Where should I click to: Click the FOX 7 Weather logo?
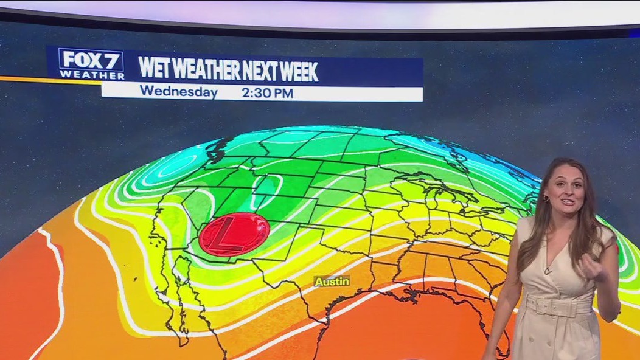point(91,64)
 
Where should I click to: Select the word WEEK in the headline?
point(298,71)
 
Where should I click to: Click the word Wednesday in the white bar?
point(178,93)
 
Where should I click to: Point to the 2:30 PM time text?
point(267,93)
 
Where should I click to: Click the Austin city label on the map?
point(332,282)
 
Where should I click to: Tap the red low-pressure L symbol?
point(234,234)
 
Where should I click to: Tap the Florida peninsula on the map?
point(497,331)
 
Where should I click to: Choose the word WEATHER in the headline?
point(205,70)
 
